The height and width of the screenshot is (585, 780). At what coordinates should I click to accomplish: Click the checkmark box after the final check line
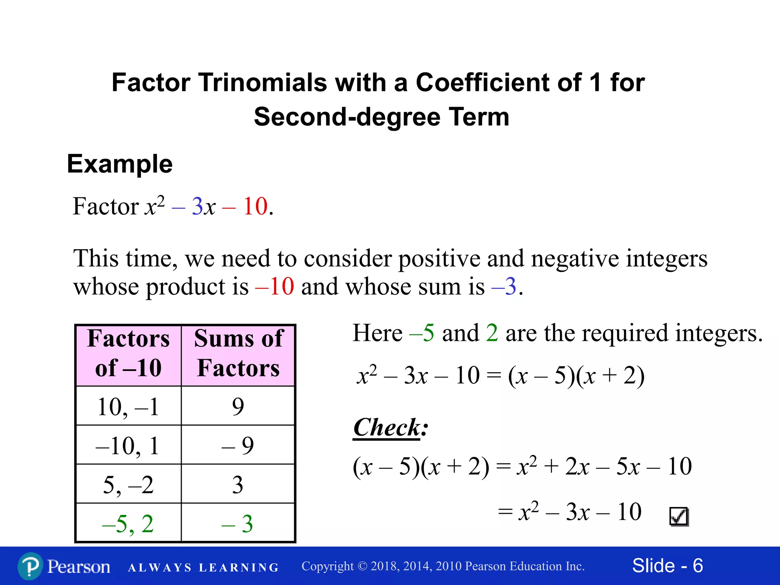click(x=679, y=517)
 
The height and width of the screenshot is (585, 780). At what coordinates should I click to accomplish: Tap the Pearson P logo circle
click(x=30, y=566)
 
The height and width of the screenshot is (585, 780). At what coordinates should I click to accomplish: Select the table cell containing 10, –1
click(x=128, y=406)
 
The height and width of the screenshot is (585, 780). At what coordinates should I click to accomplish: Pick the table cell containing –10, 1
click(x=128, y=445)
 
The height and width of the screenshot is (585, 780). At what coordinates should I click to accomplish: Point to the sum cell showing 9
click(x=238, y=406)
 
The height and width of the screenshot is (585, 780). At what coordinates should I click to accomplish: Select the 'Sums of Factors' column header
click(x=238, y=354)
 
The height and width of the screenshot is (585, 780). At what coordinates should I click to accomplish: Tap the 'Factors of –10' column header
click(x=128, y=354)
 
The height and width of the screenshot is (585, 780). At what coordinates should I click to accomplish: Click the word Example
click(x=120, y=164)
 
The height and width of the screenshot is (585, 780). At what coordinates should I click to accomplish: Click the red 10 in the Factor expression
click(x=255, y=206)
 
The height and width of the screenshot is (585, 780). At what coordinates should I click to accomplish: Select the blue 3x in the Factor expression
click(x=203, y=206)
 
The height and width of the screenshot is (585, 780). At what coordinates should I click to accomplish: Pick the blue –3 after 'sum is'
click(x=504, y=286)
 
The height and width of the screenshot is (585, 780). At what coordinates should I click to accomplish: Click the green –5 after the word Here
click(x=422, y=333)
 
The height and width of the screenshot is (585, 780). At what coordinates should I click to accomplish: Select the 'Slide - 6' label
click(x=667, y=566)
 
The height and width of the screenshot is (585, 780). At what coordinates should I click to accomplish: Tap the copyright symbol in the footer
click(x=362, y=566)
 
